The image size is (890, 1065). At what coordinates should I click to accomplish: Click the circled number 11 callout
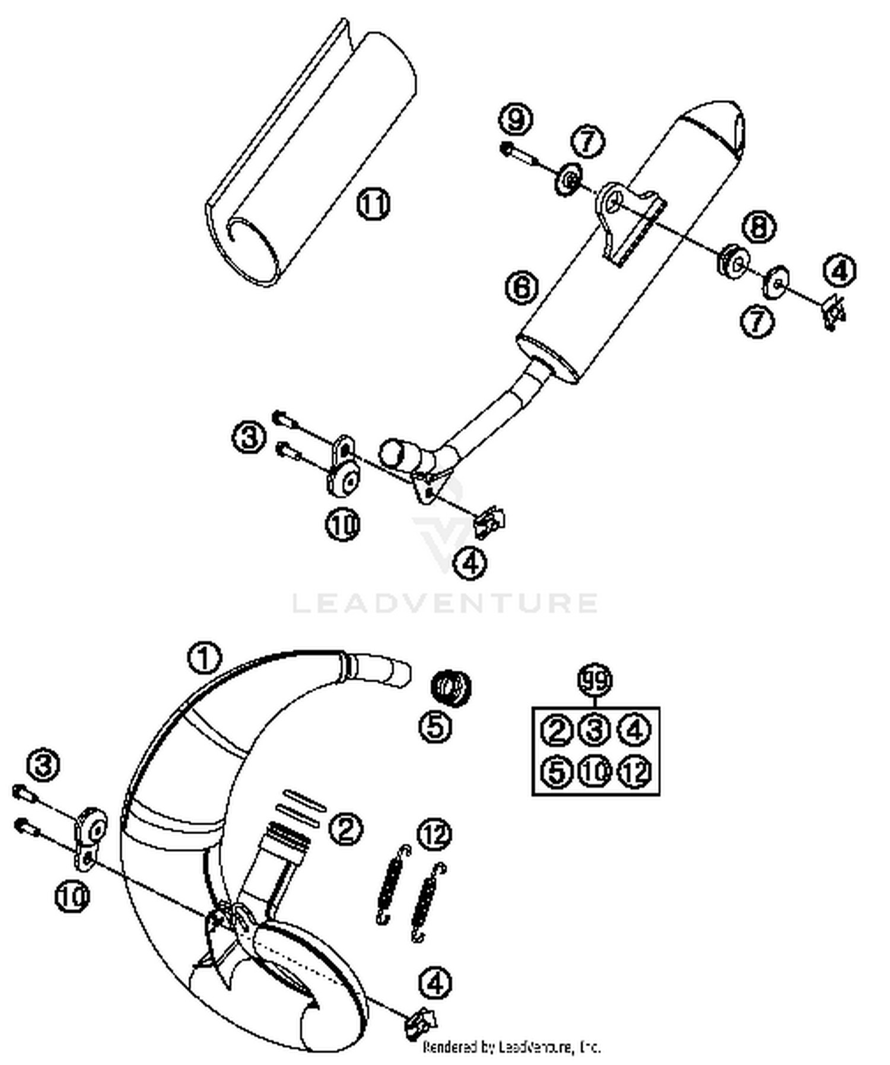(373, 204)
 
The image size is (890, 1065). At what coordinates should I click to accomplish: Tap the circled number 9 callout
(515, 120)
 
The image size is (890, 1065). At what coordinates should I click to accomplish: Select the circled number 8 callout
(759, 227)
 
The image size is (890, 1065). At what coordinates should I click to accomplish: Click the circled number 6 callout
(522, 288)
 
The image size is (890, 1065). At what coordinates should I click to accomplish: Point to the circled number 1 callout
(204, 658)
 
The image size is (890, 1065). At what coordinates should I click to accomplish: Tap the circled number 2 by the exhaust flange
(346, 829)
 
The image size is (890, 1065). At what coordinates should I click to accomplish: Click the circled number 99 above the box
(595, 680)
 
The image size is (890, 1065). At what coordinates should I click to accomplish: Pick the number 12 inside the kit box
(634, 772)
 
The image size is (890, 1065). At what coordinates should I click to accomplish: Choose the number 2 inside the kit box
(556, 730)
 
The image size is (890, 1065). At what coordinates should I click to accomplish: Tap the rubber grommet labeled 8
(733, 260)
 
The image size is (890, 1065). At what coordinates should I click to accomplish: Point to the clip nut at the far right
(834, 311)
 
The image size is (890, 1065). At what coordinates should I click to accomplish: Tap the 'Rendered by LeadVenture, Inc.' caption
(511, 1047)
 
